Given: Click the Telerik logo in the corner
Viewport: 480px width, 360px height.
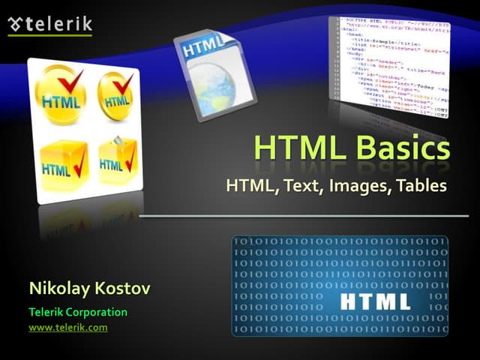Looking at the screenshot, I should coord(49,24).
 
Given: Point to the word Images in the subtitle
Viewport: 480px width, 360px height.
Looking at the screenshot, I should coord(355,184).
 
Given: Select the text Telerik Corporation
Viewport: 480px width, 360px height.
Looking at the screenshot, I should coord(78,312).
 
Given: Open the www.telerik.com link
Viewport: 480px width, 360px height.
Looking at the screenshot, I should coord(68,328).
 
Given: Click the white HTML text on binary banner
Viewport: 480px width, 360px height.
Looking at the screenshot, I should coord(375,301).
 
